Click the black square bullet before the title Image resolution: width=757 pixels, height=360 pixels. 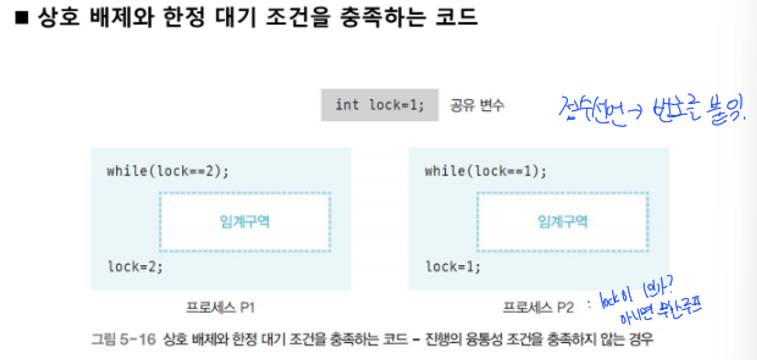pyautogui.click(x=22, y=18)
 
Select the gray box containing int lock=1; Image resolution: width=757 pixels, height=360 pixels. pyautogui.click(x=379, y=105)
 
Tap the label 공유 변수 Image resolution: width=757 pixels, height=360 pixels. pyautogui.click(x=477, y=105)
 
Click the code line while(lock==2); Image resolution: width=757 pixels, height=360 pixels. pyautogui.click(x=167, y=171)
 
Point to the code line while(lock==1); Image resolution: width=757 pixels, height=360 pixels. pyautogui.click(x=485, y=171)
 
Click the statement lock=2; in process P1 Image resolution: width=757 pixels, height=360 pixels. pyautogui.click(x=135, y=267)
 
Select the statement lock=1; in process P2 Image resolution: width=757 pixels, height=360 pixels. pyautogui.click(x=453, y=267)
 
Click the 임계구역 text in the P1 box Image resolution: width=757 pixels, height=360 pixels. pyautogui.click(x=245, y=221)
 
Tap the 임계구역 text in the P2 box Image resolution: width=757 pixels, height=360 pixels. pyautogui.click(x=562, y=221)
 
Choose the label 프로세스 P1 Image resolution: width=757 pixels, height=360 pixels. pyautogui.click(x=220, y=308)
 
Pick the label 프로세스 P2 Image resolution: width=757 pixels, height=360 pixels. pyautogui.click(x=538, y=308)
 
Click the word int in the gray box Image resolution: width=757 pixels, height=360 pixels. pyautogui.click(x=347, y=105)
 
